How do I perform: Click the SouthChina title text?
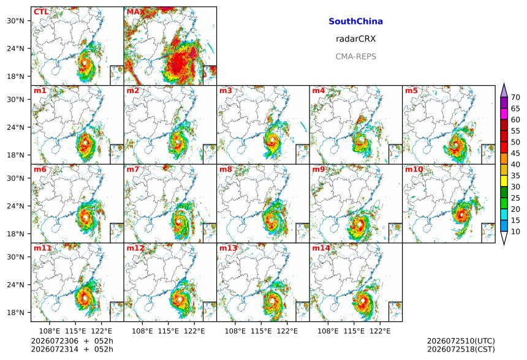[x=355, y=21]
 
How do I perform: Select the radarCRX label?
[x=355, y=39]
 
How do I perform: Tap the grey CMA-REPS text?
[x=355, y=56]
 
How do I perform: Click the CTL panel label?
[x=41, y=12]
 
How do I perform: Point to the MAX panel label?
[x=135, y=12]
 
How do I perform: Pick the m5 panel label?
[x=411, y=91]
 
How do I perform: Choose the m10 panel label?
[x=414, y=169]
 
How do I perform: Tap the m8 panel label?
[x=226, y=169]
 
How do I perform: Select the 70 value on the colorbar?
[x=515, y=97]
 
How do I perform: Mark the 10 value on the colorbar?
[x=515, y=231]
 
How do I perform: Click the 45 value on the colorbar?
[x=515, y=154]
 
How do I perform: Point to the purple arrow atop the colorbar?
[x=504, y=90]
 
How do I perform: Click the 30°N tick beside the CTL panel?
[x=15, y=21]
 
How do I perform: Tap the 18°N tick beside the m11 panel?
[x=15, y=313]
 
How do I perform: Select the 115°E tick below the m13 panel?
[x=261, y=331]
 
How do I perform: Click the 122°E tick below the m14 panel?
[x=380, y=331]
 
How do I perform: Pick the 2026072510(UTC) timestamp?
[x=461, y=341]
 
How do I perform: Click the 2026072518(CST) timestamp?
[x=461, y=350]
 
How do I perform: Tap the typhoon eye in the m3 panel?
[x=272, y=140]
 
